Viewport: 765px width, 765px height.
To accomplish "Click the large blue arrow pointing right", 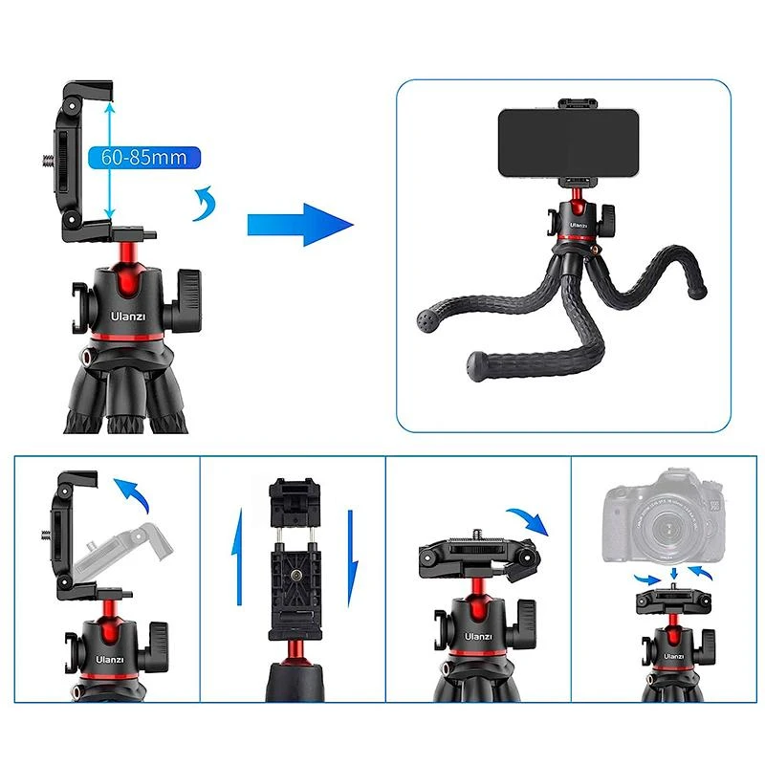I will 299,224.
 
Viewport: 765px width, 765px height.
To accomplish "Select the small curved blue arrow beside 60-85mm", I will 203,204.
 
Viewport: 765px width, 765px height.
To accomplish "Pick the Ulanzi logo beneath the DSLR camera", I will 671,657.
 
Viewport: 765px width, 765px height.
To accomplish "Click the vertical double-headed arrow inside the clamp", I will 111,163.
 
